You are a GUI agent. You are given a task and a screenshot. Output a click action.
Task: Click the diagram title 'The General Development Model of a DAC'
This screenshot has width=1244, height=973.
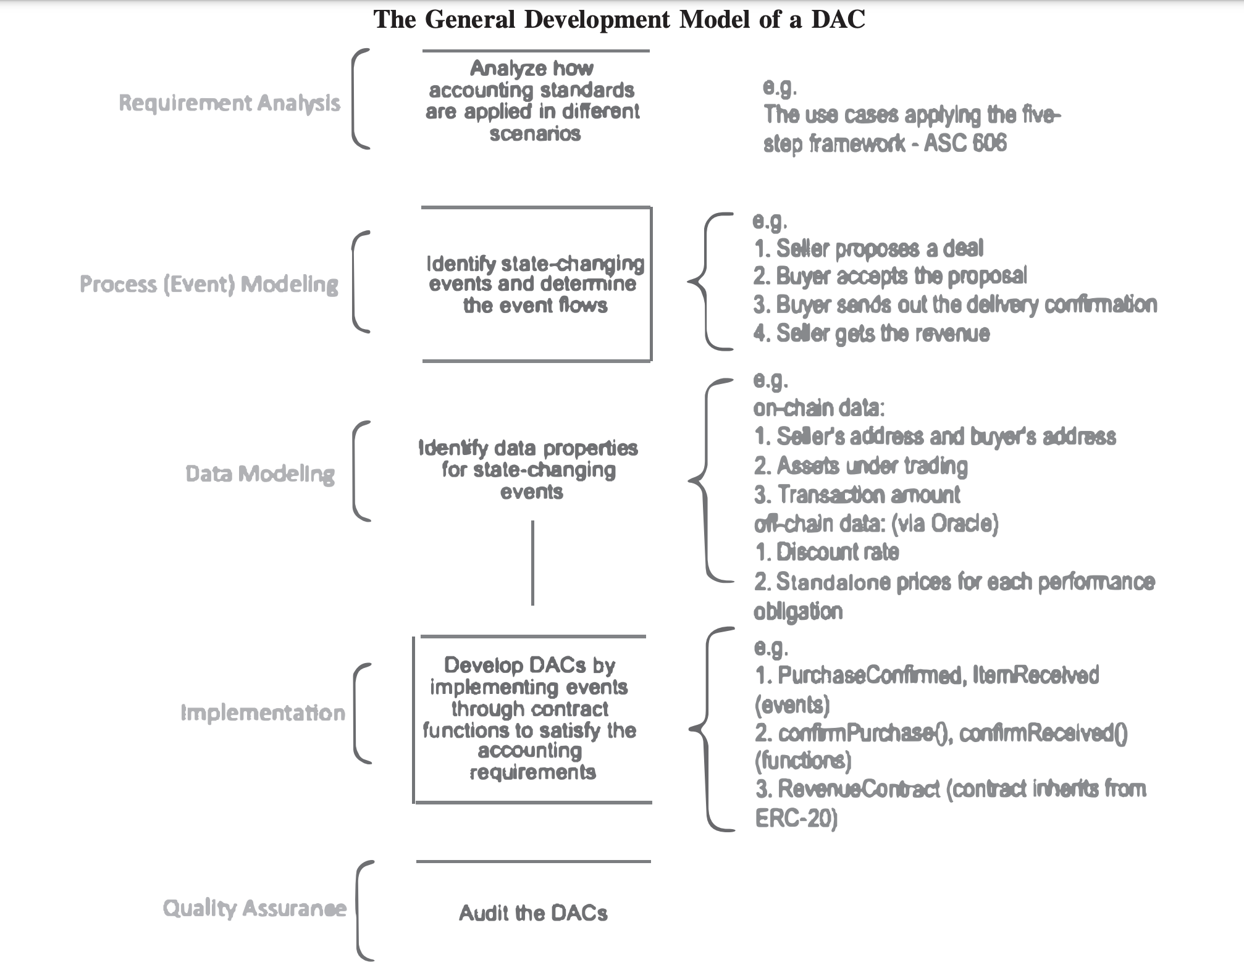click(619, 19)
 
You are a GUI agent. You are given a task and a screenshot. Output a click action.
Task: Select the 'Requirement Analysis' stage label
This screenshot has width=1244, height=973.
click(229, 103)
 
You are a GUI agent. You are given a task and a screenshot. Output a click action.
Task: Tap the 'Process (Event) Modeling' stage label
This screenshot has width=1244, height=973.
click(209, 285)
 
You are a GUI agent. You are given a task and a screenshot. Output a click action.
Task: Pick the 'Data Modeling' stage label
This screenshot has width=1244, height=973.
click(260, 474)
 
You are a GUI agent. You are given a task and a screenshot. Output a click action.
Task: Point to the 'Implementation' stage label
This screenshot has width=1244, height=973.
click(263, 713)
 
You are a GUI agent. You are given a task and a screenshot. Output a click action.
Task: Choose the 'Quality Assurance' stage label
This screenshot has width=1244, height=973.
click(254, 908)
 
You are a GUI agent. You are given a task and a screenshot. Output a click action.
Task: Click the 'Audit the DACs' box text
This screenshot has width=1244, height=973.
click(533, 913)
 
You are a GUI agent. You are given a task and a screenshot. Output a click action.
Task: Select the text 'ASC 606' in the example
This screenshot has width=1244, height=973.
click(965, 143)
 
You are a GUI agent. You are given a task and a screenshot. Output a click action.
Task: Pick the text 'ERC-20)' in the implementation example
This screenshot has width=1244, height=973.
click(796, 819)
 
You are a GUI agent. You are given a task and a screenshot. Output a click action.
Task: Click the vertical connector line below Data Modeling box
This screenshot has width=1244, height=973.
click(532, 562)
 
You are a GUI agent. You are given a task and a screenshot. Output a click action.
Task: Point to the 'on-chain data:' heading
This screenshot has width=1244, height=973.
click(819, 408)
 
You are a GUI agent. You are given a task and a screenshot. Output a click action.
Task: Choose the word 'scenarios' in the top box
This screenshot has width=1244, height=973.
click(535, 134)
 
